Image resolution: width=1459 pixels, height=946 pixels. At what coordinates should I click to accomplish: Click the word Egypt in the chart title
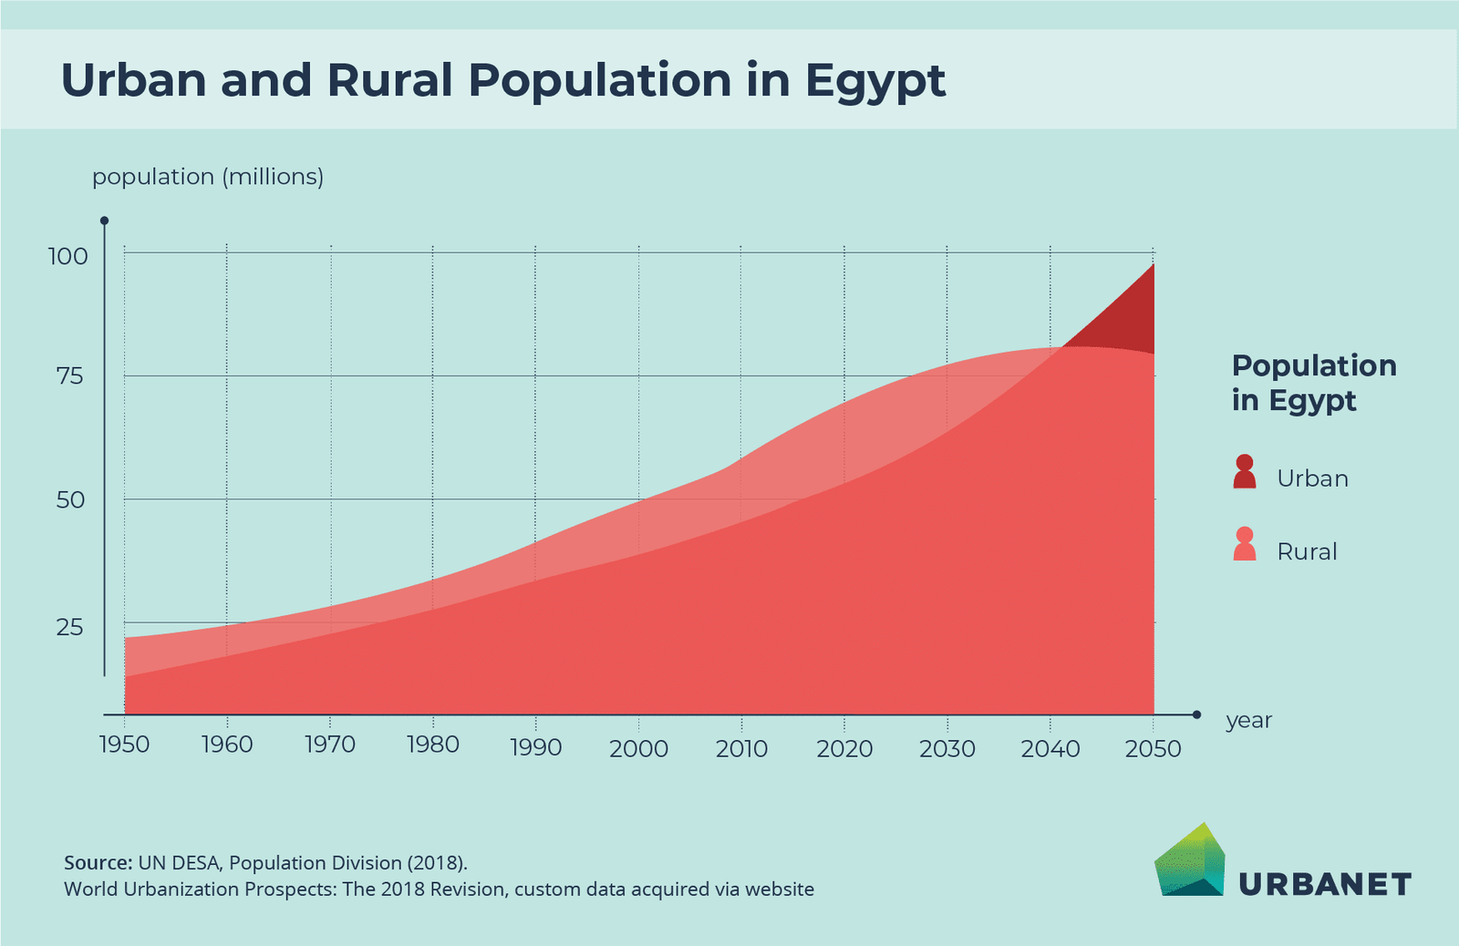875,82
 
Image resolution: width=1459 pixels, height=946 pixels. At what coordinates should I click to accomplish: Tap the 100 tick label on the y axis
68,257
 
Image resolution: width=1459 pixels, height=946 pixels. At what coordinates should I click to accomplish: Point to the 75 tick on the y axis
70,376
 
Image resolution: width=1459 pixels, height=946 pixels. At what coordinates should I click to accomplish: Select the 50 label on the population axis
70,500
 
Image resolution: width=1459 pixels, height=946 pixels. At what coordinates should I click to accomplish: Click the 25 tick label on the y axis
70,627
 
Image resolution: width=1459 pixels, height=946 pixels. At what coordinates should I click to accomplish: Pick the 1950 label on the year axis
124,745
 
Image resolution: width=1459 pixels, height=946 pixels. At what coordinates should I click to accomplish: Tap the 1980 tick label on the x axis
432,745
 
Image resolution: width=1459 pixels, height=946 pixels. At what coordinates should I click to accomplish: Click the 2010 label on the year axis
741,749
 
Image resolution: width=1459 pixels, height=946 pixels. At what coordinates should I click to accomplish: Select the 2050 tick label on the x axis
1153,749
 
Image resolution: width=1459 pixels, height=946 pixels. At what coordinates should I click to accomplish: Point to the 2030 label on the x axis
947,749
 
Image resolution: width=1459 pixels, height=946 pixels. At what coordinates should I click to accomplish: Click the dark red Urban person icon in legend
1245,472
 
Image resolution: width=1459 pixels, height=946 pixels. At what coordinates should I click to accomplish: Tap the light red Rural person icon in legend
1245,545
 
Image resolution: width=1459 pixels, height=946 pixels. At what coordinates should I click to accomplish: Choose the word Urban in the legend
1312,478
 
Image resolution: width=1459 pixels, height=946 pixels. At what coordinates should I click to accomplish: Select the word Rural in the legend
1307,551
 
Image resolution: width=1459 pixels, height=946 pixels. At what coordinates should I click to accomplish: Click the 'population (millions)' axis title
208,177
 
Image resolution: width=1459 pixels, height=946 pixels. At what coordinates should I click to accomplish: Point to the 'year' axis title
1248,721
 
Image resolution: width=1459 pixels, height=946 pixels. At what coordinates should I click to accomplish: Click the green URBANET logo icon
1190,861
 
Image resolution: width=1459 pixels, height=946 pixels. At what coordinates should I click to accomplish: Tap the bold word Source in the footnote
98,863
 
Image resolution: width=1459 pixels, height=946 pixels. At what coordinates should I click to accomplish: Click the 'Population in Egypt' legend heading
1313,383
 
